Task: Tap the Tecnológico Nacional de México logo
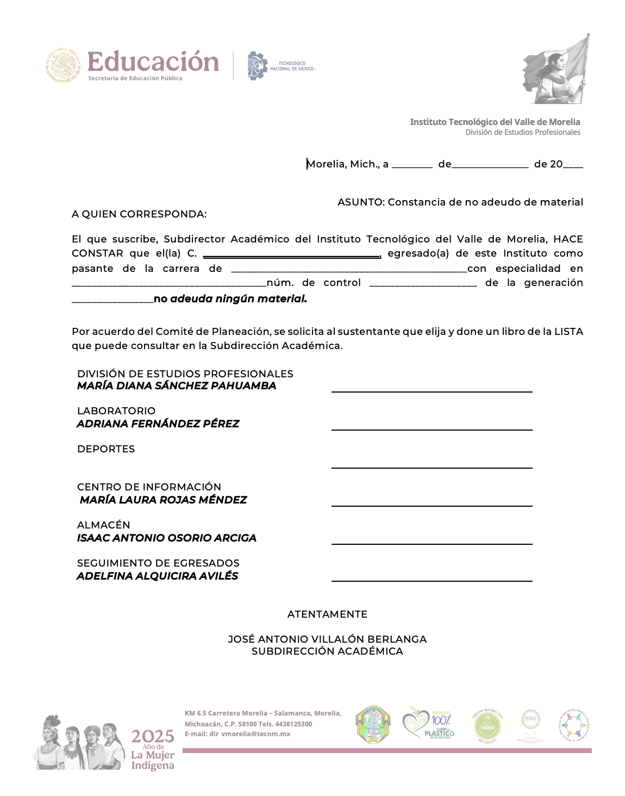(x=281, y=66)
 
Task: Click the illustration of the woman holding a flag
(x=556, y=70)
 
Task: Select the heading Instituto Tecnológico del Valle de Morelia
(x=495, y=122)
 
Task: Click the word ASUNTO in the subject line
(x=361, y=202)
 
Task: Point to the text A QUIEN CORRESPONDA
(x=139, y=214)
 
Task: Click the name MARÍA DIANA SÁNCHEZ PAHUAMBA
(x=177, y=385)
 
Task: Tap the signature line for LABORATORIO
(x=432, y=429)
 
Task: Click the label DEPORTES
(x=106, y=449)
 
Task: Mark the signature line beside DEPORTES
(x=432, y=467)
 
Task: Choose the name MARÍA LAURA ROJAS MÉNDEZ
(x=163, y=500)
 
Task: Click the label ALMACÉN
(x=104, y=525)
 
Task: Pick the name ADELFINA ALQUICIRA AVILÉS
(x=158, y=576)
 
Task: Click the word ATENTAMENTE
(x=327, y=614)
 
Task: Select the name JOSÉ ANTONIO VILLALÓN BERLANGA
(x=327, y=639)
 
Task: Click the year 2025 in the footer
(x=153, y=737)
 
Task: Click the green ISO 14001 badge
(x=487, y=725)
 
